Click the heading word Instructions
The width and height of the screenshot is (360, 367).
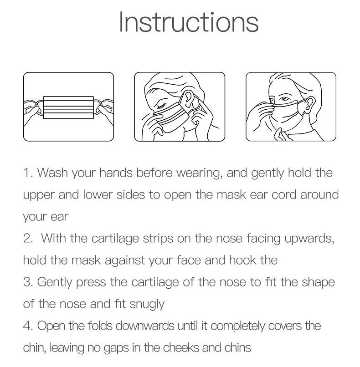pyautogui.click(x=189, y=22)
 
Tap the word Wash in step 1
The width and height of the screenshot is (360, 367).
pyautogui.click(x=52, y=173)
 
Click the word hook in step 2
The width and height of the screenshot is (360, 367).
pyautogui.click(x=242, y=260)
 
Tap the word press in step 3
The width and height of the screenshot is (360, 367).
pyautogui.click(x=91, y=282)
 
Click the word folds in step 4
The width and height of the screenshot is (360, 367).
pyautogui.click(x=100, y=326)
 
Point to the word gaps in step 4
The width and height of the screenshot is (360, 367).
pyautogui.click(x=116, y=348)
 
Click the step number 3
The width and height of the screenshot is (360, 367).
pyautogui.click(x=28, y=282)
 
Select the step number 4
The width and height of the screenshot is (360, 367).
pyautogui.click(x=28, y=326)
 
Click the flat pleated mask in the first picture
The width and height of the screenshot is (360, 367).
pyautogui.click(x=68, y=107)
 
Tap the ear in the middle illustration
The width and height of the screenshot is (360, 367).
pyautogui.click(x=187, y=99)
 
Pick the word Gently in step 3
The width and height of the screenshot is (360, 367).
pyautogui.click(x=55, y=282)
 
